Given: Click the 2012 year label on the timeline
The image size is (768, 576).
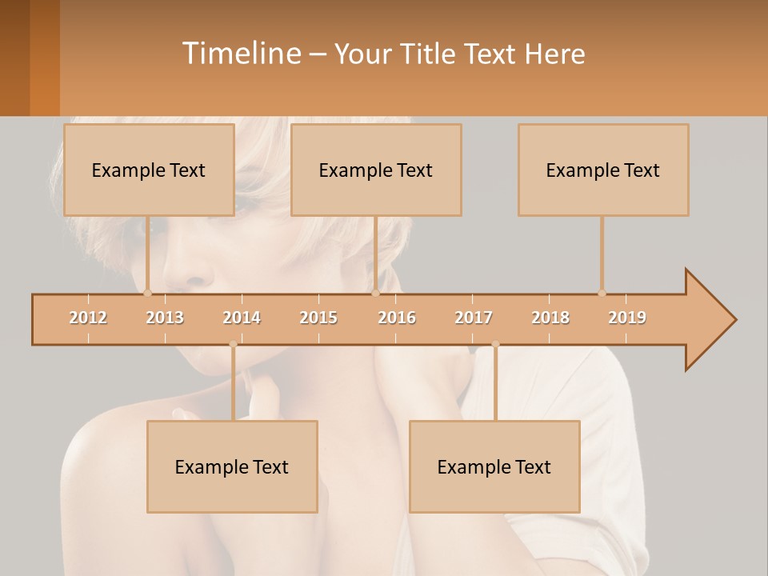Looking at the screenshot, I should coord(88,318).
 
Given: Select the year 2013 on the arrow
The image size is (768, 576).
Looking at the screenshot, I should coord(165,318).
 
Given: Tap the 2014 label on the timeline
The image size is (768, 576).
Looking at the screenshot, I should coord(242,318).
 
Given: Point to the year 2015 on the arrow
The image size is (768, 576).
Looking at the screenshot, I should coord(318,318).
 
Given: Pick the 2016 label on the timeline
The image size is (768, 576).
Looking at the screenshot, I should coord(397,318).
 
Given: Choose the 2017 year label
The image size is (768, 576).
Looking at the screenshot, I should coord(474,318).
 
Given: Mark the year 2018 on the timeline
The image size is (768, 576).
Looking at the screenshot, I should coord(550,318).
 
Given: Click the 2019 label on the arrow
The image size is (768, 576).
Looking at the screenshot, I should coord(627,318).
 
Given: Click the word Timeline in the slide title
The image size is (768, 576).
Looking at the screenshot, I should coord(240,54).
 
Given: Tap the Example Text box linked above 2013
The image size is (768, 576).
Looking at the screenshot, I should coord(149,170).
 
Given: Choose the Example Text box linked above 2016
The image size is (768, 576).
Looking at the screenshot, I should coord(376,170).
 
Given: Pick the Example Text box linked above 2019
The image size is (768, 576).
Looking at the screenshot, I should coord(603,170).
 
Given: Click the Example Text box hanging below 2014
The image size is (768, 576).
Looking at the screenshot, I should coord(232,466).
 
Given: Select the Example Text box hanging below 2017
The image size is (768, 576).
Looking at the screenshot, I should coord(494,466).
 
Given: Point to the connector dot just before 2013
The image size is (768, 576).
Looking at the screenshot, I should coord(148,293).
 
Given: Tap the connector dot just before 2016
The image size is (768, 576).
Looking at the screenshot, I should coord(375,293).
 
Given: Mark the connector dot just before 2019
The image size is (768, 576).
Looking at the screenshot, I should coord(602,293).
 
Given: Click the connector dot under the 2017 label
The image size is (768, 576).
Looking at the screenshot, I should coord(495,345).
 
